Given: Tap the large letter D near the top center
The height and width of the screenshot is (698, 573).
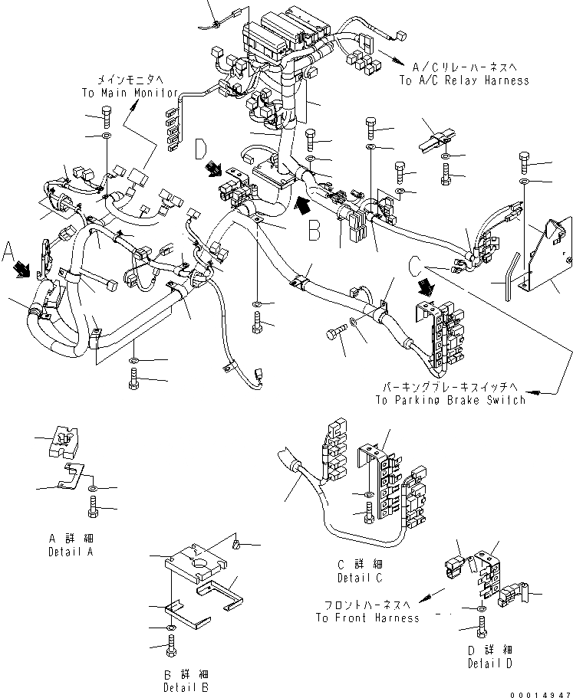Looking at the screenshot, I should tap(202, 148).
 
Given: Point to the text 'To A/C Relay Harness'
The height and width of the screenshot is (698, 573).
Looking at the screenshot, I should tap(463, 80).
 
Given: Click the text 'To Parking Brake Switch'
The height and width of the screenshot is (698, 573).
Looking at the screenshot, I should tap(450, 400).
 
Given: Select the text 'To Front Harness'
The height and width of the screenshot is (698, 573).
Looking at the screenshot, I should tap(367, 618).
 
